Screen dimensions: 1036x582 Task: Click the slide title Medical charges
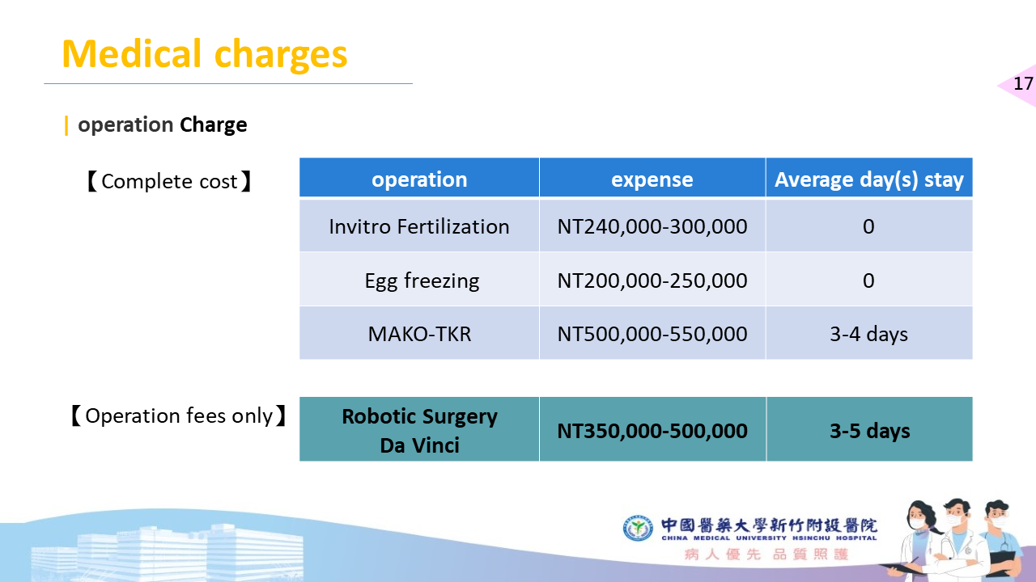tap(205, 54)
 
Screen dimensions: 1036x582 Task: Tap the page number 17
tap(1023, 83)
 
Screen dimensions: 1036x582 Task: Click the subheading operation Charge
tap(163, 125)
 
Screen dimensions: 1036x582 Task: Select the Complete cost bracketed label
tap(169, 181)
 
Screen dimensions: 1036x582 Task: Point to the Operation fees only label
tap(179, 415)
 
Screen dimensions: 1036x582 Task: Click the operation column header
tap(419, 179)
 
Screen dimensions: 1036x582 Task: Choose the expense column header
tap(652, 179)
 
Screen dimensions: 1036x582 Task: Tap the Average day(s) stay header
tap(869, 179)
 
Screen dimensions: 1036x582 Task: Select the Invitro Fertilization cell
tap(419, 226)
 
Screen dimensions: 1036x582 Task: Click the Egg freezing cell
tap(422, 280)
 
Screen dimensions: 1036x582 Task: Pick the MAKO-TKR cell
tap(419, 334)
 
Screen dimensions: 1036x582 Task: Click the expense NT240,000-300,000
tap(652, 226)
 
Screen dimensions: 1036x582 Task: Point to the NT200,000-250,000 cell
tap(652, 280)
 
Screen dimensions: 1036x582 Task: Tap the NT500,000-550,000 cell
tap(652, 334)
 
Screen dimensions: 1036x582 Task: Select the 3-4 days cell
tap(869, 334)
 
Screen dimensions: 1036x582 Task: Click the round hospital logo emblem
tap(638, 528)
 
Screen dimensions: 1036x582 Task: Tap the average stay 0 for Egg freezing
tap(868, 280)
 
